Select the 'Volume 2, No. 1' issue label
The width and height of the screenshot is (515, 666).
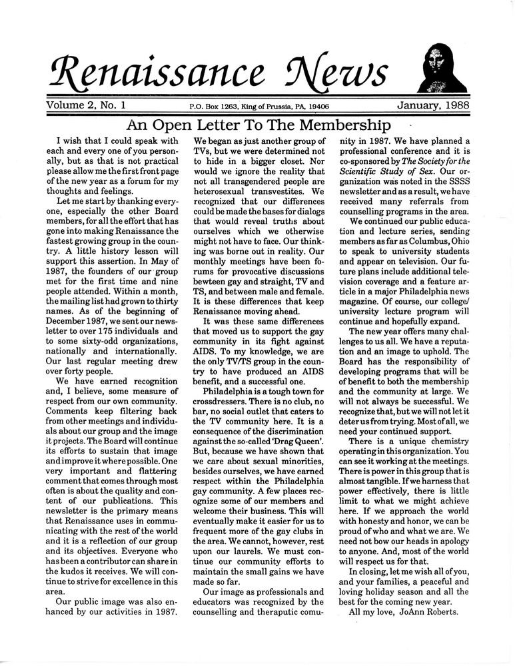click(87, 105)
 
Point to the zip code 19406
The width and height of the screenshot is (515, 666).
click(316, 106)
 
